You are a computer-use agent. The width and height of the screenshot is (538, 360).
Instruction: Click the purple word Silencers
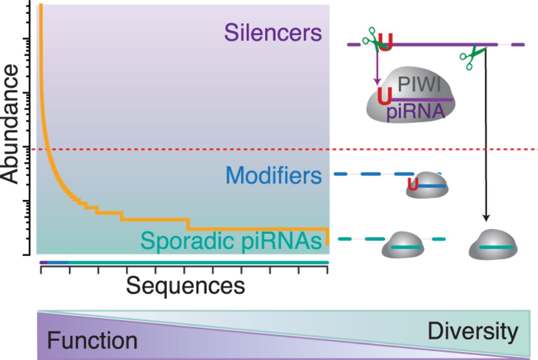pyautogui.click(x=273, y=33)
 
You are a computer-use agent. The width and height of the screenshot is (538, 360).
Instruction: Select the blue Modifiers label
pyautogui.click(x=274, y=175)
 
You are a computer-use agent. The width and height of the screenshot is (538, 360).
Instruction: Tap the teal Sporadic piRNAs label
pyautogui.click(x=231, y=241)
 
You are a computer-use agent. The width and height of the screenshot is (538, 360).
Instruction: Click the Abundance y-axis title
pyautogui.click(x=10, y=124)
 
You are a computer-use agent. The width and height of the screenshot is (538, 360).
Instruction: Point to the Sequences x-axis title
pyautogui.click(x=185, y=286)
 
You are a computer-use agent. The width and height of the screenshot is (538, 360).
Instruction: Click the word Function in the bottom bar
pyautogui.click(x=92, y=340)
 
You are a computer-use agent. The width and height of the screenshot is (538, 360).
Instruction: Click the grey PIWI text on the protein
pyautogui.click(x=419, y=85)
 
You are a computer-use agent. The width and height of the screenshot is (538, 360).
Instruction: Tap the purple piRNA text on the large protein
pyautogui.click(x=416, y=112)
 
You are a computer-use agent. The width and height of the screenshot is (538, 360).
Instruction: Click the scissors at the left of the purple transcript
pyautogui.click(x=375, y=40)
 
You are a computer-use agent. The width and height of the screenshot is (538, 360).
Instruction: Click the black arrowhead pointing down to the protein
pyautogui.click(x=486, y=218)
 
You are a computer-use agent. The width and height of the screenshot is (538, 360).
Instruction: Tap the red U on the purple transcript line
pyautogui.click(x=385, y=42)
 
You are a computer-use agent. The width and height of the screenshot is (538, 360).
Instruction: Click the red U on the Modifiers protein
pyautogui.click(x=413, y=184)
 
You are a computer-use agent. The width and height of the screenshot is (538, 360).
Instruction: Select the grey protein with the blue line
pyautogui.click(x=427, y=185)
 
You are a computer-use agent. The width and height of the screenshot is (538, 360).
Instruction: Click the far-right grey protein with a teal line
pyautogui.click(x=493, y=244)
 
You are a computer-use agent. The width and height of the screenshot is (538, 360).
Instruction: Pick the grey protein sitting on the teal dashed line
pyautogui.click(x=403, y=245)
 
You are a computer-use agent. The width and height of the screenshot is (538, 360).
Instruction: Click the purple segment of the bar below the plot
pyautogui.click(x=44, y=262)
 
